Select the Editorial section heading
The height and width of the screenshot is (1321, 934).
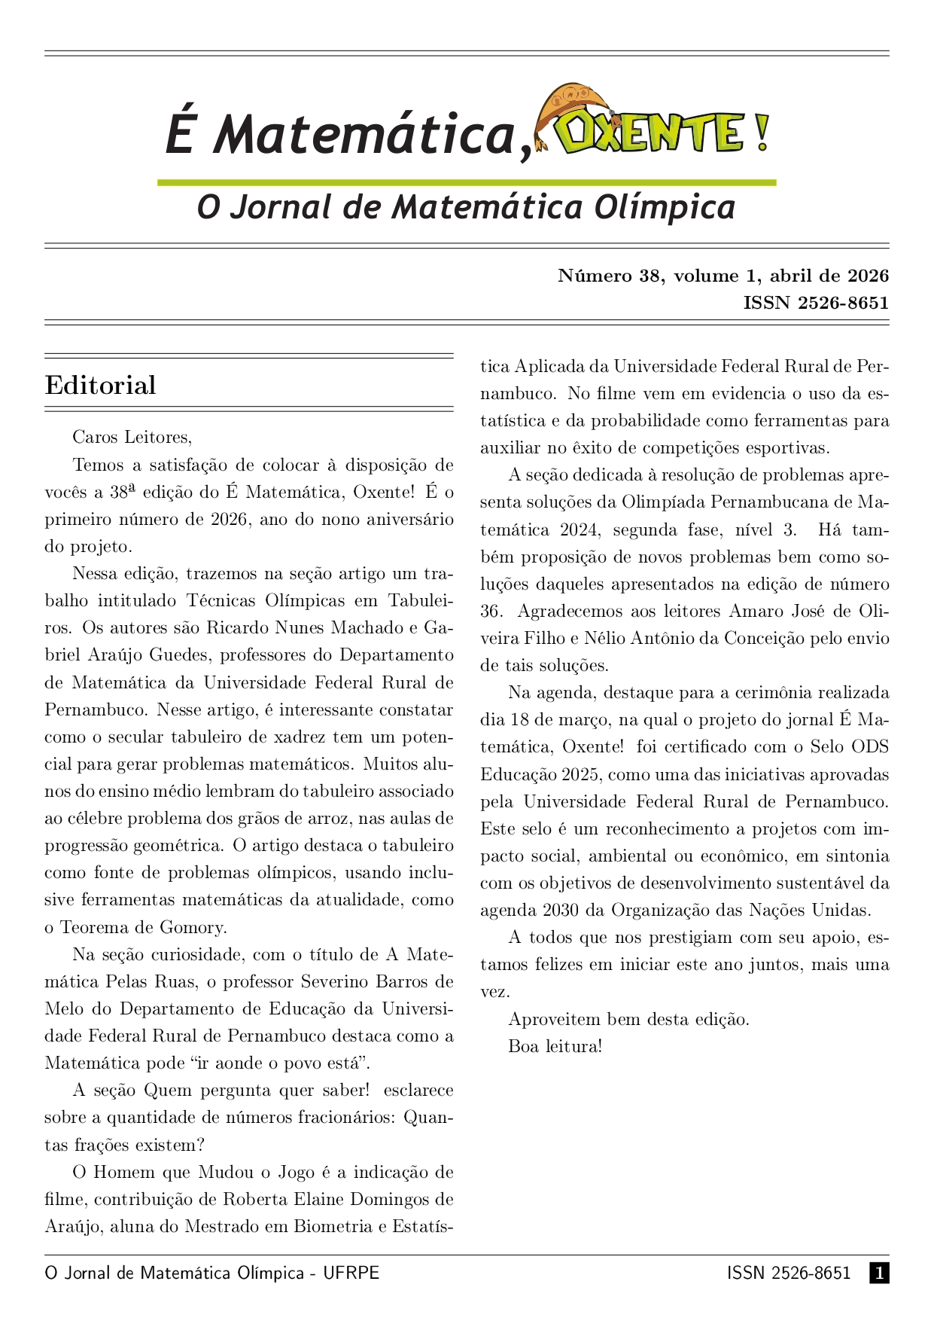click(x=100, y=385)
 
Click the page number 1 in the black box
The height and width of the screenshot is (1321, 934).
click(x=879, y=1273)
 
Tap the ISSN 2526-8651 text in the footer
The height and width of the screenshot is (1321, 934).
click(x=788, y=1273)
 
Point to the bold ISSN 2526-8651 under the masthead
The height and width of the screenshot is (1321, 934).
click(x=816, y=303)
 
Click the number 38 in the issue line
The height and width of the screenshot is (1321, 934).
click(x=650, y=276)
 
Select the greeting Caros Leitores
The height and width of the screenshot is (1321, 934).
click(x=132, y=437)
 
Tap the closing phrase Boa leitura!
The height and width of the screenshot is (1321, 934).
click(x=555, y=1046)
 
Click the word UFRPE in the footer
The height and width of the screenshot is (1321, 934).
click(x=351, y=1273)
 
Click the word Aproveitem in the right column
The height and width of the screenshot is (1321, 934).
click(x=555, y=1019)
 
